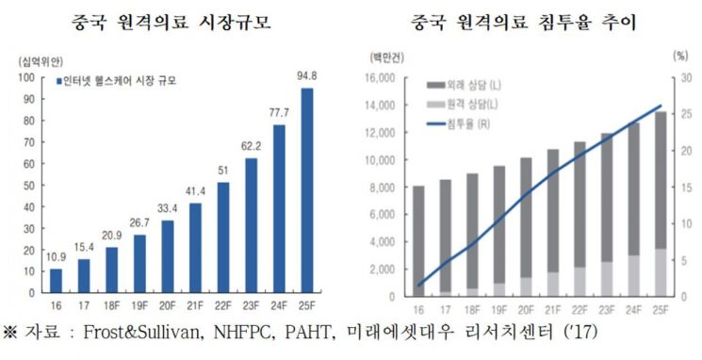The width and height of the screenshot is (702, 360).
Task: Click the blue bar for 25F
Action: tap(306, 190)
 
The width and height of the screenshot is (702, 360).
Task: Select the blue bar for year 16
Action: tap(56, 281)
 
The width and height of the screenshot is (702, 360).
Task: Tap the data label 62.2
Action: tap(252, 146)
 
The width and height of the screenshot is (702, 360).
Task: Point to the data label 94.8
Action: tap(306, 76)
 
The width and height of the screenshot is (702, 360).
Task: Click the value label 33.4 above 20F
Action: tap(168, 208)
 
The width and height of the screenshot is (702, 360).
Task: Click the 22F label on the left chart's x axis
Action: tap(223, 306)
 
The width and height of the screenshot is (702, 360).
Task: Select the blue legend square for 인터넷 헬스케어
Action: tap(58, 81)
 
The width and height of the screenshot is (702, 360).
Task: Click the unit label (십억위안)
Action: tap(41, 61)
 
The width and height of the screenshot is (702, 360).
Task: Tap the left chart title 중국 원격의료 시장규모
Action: tap(171, 23)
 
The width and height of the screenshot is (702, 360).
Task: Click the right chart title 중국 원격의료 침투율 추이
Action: tap(523, 23)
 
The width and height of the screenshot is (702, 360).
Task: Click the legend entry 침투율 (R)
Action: tap(459, 124)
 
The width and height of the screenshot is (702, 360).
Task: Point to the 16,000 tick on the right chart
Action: tap(380, 78)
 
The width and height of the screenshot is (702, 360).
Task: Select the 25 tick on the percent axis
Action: tap(685, 114)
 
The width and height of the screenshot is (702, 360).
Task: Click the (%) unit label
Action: tap(680, 57)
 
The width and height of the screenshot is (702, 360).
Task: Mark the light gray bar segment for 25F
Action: tap(660, 272)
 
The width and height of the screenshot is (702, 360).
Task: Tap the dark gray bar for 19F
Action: tap(498, 224)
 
